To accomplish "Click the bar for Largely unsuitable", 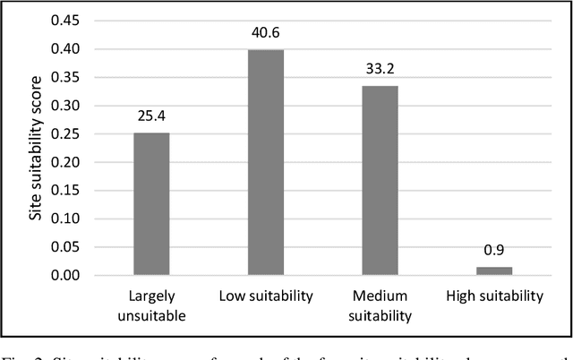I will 151,203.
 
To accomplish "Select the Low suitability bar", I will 265,162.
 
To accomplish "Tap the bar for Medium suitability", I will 380,181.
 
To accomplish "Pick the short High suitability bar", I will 494,270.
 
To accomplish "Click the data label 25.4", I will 151,116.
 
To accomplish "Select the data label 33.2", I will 380,69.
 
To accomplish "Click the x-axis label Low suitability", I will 266,296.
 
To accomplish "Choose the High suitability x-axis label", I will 494,296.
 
